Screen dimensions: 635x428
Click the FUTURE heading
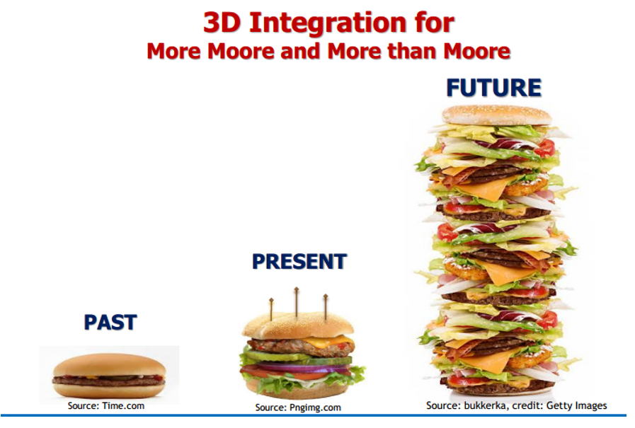[493, 88]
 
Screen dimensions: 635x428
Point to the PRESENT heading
[299, 261]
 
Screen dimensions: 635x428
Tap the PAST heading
[110, 323]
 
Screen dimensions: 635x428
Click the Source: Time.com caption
[105, 406]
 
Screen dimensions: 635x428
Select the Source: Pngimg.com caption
[298, 407]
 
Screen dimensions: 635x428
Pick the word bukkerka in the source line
[484, 405]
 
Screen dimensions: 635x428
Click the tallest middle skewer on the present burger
[297, 302]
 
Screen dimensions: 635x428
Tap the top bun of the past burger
[109, 365]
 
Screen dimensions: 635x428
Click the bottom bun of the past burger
[109, 391]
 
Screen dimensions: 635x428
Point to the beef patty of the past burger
[108, 381]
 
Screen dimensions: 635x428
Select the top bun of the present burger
[297, 325]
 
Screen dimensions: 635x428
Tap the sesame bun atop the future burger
[496, 116]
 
